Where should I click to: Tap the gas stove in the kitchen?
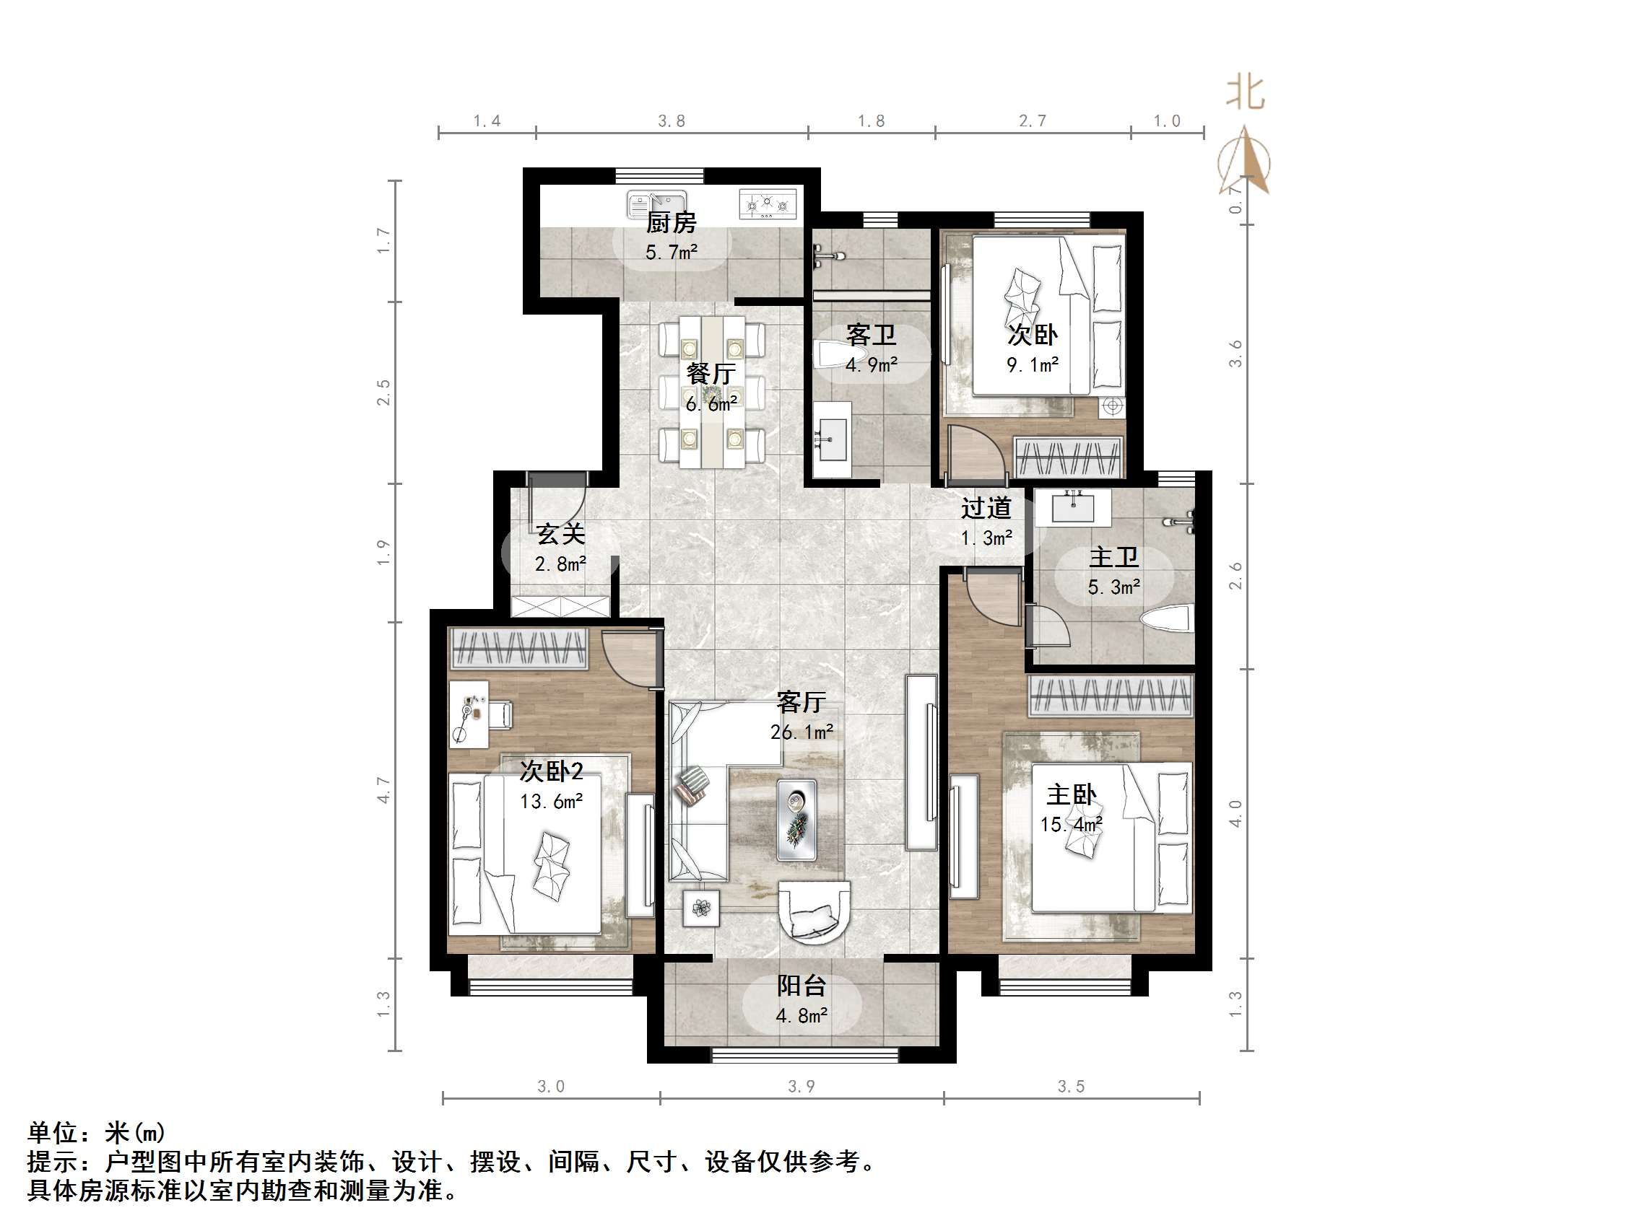pyautogui.click(x=770, y=203)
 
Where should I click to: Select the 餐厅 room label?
pyautogui.click(x=711, y=373)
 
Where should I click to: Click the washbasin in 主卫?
pyautogui.click(x=1074, y=507)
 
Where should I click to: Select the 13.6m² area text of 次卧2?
pyautogui.click(x=551, y=802)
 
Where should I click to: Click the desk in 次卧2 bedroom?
pyautogui.click(x=469, y=714)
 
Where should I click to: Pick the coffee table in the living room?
pyautogui.click(x=796, y=820)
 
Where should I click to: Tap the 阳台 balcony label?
pyautogui.click(x=801, y=986)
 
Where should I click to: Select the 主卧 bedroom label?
pyautogui.click(x=1070, y=795)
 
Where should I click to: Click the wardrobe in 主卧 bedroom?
pyautogui.click(x=1110, y=696)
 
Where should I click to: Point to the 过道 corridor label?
pyautogui.click(x=986, y=508)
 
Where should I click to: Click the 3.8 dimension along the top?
pyautogui.click(x=671, y=121)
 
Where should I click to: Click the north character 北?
pyautogui.click(x=1245, y=94)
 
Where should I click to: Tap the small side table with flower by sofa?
pyautogui.click(x=700, y=908)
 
